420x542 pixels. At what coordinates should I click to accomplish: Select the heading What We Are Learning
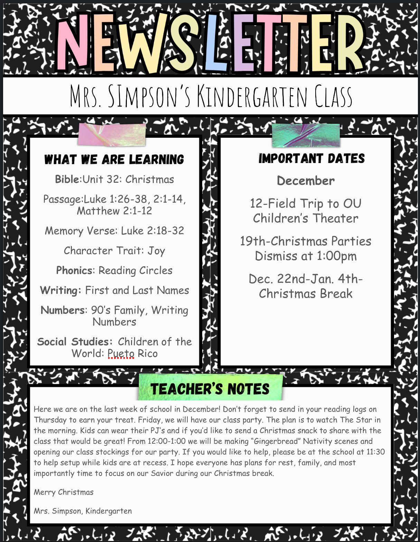click(x=114, y=160)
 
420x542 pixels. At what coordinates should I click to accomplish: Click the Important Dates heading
click(x=311, y=159)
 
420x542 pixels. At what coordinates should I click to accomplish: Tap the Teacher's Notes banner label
click(x=210, y=389)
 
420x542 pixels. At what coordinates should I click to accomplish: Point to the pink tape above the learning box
click(x=112, y=134)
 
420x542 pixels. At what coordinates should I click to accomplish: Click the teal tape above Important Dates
click(x=306, y=135)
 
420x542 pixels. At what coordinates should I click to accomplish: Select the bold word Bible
click(x=67, y=179)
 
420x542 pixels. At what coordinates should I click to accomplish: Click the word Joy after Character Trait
click(x=156, y=251)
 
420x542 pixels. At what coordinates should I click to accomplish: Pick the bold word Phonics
click(x=75, y=270)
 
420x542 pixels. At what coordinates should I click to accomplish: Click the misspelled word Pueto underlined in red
click(x=121, y=353)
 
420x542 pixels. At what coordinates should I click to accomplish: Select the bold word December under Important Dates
click(x=306, y=181)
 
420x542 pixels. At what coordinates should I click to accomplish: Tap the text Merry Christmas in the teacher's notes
click(x=64, y=492)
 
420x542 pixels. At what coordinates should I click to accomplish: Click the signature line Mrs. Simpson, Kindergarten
click(x=83, y=511)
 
